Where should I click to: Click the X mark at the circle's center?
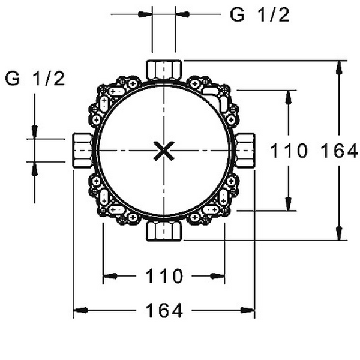coord(164,151)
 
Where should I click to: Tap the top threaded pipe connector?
coord(164,70)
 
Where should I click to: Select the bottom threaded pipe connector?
coord(164,232)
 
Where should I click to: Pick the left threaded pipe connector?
coord(83,151)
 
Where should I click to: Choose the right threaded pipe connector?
coord(245,151)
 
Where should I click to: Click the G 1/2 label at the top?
coord(260,15)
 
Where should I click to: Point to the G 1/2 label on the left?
coord(35,79)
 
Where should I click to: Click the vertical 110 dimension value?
coord(289,151)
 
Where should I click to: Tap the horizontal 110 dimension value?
coord(164,276)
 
